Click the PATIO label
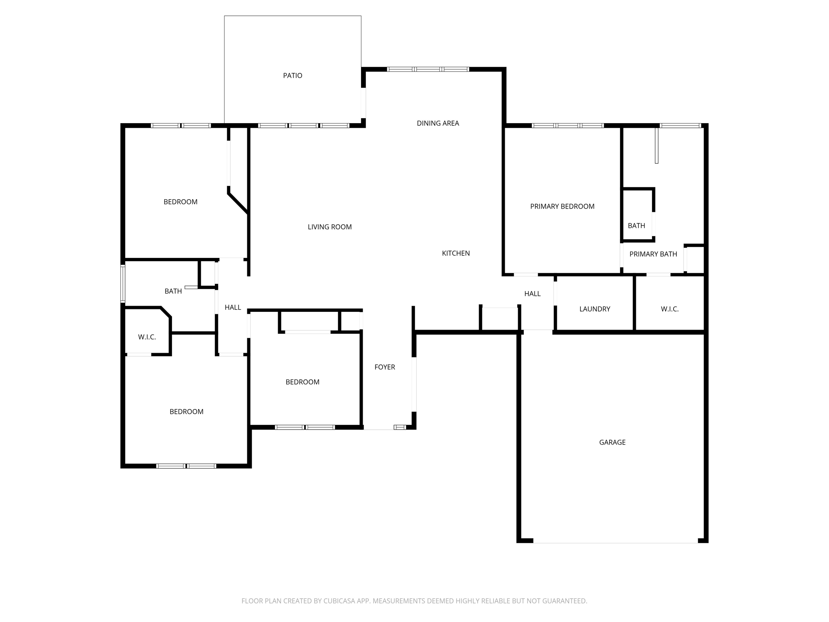pos(292,76)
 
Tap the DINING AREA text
pos(438,124)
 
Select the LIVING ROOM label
pos(329,227)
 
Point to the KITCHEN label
pos(455,253)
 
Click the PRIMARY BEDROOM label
pos(562,207)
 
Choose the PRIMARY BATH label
pos(653,254)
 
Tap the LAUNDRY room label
pos(594,309)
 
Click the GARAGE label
pos(612,443)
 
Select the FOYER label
pos(385,367)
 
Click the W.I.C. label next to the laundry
pos(670,309)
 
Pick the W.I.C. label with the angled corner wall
pos(147,337)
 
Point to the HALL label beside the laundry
pos(532,294)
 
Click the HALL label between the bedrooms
pos(233,308)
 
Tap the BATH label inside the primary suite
pos(636,226)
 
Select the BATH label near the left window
pos(173,292)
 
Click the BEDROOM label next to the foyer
pos(302,382)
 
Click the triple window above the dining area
pos(428,70)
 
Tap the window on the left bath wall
pos(123,284)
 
